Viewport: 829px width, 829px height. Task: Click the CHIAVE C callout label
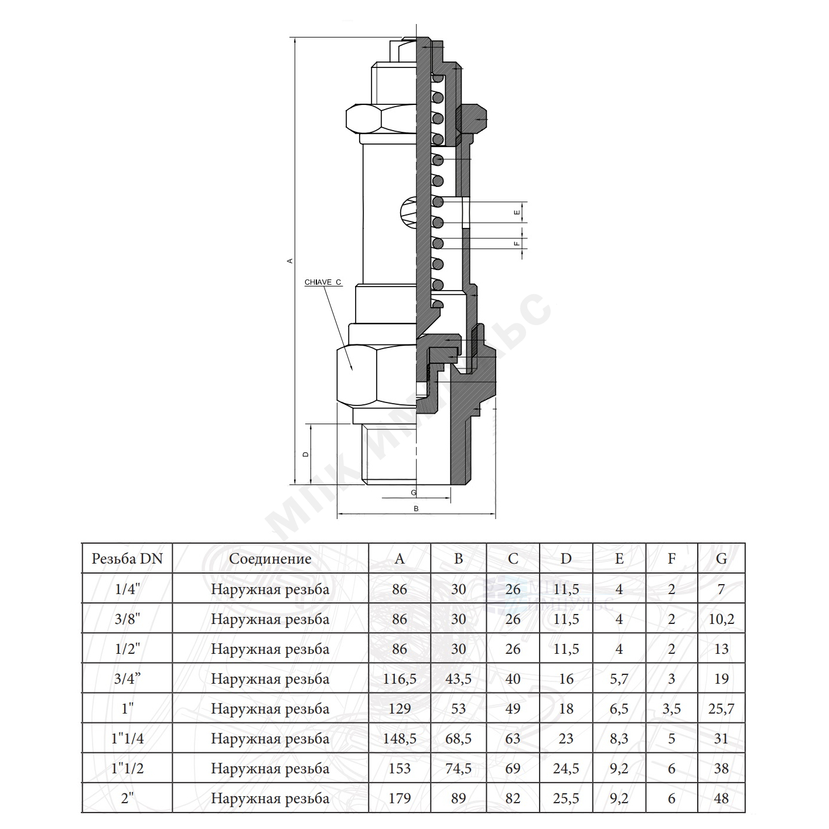(x=323, y=282)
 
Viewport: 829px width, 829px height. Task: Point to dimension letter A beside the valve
(x=290, y=261)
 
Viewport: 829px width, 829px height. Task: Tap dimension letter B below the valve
(x=416, y=509)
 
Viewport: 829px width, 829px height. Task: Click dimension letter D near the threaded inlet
(x=306, y=454)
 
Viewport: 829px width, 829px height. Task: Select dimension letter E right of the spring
(x=517, y=212)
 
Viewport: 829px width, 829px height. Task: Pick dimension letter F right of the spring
(x=517, y=244)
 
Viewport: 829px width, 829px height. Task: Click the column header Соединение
(x=270, y=559)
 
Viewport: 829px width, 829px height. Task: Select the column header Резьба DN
(x=127, y=558)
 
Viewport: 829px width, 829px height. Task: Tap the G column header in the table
(x=721, y=558)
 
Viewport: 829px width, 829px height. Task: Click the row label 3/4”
(x=127, y=678)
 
